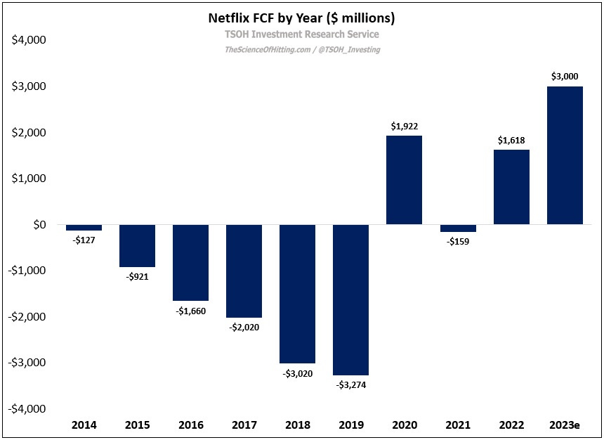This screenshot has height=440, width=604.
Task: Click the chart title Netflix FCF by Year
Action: [x=302, y=17]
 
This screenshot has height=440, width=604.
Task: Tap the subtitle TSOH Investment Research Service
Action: [x=302, y=34]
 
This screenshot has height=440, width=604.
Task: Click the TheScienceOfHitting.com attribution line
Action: [x=302, y=50]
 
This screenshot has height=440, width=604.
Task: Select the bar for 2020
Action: [x=405, y=180]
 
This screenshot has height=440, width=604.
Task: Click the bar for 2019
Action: [x=351, y=299]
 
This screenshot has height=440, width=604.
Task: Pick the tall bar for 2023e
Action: [x=565, y=155]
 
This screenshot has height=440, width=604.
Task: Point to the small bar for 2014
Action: [x=84, y=228]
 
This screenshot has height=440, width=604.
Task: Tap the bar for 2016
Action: [x=191, y=262]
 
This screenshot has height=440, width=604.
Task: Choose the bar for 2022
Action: [x=511, y=187]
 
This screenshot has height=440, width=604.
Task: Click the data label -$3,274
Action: [x=351, y=384]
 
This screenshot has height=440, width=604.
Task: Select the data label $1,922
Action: [x=405, y=127]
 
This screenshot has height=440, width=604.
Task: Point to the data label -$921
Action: [x=138, y=277]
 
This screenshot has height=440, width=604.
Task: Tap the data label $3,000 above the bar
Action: [x=565, y=77]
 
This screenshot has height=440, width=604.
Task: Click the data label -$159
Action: [x=458, y=241]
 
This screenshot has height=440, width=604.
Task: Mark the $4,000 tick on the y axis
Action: [x=29, y=41]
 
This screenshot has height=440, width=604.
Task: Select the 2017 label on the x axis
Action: [x=244, y=425]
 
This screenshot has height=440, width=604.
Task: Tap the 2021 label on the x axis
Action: [x=458, y=425]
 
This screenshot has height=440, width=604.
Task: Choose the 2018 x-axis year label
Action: [x=298, y=425]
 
